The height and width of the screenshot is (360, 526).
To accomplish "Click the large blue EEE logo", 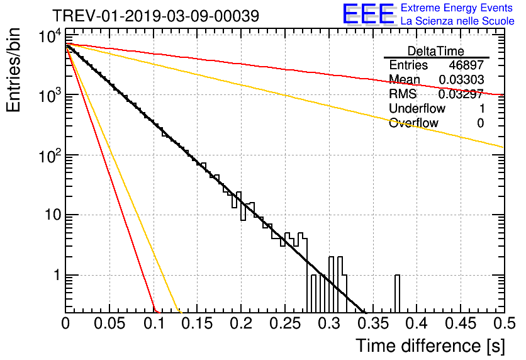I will tap(368, 14).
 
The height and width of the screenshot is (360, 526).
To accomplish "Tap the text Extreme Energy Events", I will tap(457, 8).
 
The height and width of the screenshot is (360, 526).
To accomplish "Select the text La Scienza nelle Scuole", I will tap(457, 21).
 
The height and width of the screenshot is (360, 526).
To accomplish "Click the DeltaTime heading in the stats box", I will tap(436, 51).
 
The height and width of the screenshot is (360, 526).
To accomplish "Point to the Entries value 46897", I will tap(466, 65).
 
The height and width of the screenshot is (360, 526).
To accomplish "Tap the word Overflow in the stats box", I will tap(413, 123).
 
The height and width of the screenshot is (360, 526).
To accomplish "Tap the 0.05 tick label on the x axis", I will tap(110, 324).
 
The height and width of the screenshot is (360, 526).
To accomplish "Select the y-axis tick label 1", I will tap(55, 276).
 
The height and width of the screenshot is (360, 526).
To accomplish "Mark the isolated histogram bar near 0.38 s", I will tap(398, 293).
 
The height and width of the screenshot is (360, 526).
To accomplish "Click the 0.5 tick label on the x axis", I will tap(502, 324).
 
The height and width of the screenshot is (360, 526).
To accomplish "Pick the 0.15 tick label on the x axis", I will tap(197, 324).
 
